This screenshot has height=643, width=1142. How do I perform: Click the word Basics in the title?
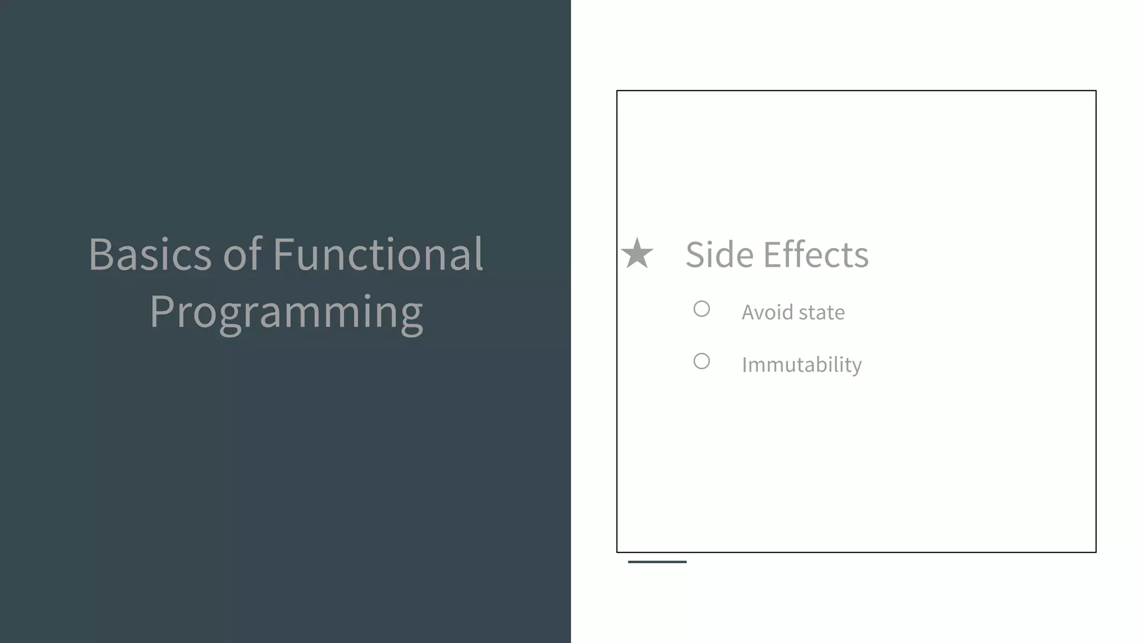pyautogui.click(x=149, y=255)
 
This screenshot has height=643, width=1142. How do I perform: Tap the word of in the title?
pyautogui.click(x=242, y=255)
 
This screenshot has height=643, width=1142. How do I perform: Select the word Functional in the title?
pyautogui.click(x=378, y=255)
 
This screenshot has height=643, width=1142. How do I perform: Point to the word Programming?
pyautogui.click(x=286, y=313)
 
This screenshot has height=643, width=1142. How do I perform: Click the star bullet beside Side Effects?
pyautogui.click(x=637, y=253)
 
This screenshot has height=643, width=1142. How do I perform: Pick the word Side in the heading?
pyautogui.click(x=719, y=255)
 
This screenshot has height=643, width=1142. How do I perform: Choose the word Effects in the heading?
pyautogui.click(x=816, y=255)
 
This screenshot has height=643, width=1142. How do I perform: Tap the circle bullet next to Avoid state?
pyautogui.click(x=701, y=309)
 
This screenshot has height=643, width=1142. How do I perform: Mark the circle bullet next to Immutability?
pyautogui.click(x=701, y=361)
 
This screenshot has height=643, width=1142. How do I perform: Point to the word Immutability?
pyautogui.click(x=801, y=365)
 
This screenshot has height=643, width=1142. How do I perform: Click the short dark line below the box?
pyautogui.click(x=657, y=562)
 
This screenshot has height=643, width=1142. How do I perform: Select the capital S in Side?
pyautogui.click(x=697, y=255)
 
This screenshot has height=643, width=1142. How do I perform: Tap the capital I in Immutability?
pyautogui.click(x=745, y=365)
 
